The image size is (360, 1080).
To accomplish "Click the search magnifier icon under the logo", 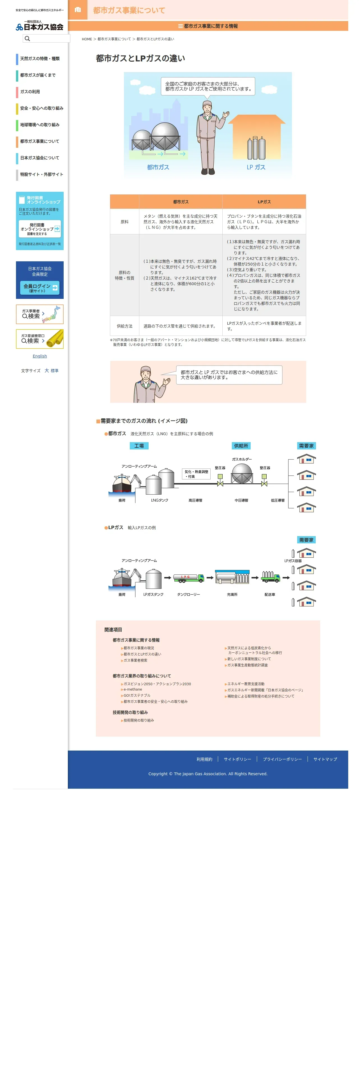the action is [27, 39].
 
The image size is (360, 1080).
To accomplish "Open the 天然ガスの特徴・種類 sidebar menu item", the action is [40, 59].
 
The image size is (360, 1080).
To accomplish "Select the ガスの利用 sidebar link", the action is [30, 92].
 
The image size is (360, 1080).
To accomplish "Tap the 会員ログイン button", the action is [40, 288].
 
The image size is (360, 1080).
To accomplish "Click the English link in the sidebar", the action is [40, 356].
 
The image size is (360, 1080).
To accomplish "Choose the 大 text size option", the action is [47, 371].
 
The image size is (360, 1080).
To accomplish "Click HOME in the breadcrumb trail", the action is [87, 39].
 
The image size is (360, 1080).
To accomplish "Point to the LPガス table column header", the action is [264, 202].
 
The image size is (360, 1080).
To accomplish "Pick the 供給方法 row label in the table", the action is [124, 326].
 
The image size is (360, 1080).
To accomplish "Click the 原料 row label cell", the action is [124, 222].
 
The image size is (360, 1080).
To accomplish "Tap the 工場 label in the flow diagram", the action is [139, 446].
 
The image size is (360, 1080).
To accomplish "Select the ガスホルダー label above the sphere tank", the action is [242, 459].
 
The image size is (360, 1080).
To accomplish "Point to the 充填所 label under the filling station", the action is [232, 594].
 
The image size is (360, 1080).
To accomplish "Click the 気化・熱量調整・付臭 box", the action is [196, 474].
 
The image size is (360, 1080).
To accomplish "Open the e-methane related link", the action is [133, 689].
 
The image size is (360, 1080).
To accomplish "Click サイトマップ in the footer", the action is [325, 759].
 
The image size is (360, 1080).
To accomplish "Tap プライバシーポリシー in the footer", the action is [282, 759].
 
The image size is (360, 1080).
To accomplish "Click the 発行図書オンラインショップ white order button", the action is [40, 229].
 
